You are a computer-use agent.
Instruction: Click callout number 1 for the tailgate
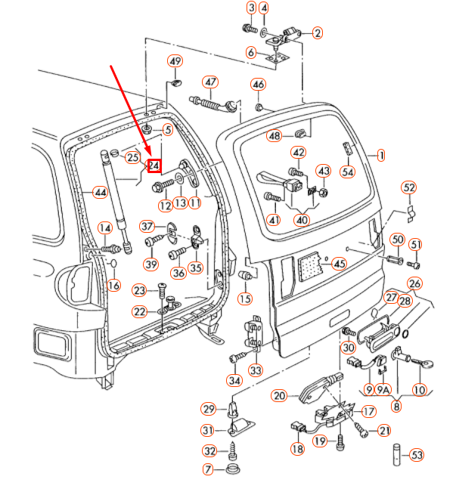point(381,156)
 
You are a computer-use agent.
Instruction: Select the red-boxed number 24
point(154,165)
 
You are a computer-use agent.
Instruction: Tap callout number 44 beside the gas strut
point(100,193)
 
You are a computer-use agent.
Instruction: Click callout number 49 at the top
point(175,61)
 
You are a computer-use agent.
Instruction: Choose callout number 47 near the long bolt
point(209,82)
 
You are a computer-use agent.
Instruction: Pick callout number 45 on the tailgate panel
point(339,264)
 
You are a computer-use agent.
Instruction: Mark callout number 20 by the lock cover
point(279,395)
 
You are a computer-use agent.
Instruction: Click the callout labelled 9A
point(383,389)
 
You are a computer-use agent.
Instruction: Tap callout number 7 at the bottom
point(209,470)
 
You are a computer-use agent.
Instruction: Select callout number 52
point(409,187)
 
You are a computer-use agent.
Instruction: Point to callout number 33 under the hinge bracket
point(255,370)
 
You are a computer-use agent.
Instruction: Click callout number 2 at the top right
point(317,32)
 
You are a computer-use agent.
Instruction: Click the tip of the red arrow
point(154,159)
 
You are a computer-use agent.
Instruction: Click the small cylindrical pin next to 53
point(396,455)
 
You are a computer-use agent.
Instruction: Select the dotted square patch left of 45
point(307,265)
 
